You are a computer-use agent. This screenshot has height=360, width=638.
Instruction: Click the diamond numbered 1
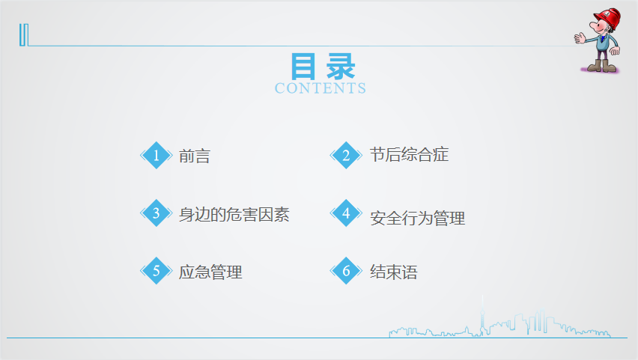pyautogui.click(x=157, y=155)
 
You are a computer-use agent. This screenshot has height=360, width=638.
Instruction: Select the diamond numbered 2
pyautogui.click(x=346, y=155)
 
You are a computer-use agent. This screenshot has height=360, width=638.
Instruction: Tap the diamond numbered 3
pyautogui.click(x=157, y=213)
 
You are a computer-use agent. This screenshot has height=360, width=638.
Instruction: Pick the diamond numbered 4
pyautogui.click(x=346, y=213)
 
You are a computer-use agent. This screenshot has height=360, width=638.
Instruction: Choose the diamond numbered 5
pyautogui.click(x=157, y=270)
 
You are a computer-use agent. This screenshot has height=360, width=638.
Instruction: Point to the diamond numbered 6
pyautogui.click(x=346, y=270)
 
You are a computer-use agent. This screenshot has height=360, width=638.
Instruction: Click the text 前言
pyautogui.click(x=195, y=156)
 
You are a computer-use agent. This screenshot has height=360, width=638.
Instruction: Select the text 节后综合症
pyautogui.click(x=409, y=155)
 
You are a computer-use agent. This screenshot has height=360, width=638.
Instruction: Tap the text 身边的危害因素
pyautogui.click(x=234, y=214)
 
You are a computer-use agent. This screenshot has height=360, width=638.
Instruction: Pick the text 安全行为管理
pyautogui.click(x=417, y=219)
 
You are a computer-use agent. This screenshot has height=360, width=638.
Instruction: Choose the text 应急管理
pyautogui.click(x=210, y=272)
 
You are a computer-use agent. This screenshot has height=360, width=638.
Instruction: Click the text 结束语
pyautogui.click(x=393, y=272)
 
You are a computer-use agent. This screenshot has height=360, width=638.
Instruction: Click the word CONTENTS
pyautogui.click(x=320, y=88)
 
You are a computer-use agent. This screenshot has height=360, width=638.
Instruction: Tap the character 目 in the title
pyautogui.click(x=303, y=67)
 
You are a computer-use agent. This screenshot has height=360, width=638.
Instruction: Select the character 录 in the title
pyautogui.click(x=341, y=67)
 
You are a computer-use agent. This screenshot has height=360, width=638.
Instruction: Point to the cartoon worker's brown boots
pyautogui.click(x=602, y=66)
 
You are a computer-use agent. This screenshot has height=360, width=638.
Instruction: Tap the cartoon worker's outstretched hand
pyautogui.click(x=580, y=39)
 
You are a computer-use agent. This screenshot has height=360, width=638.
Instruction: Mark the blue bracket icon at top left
pyautogui.click(x=24, y=35)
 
